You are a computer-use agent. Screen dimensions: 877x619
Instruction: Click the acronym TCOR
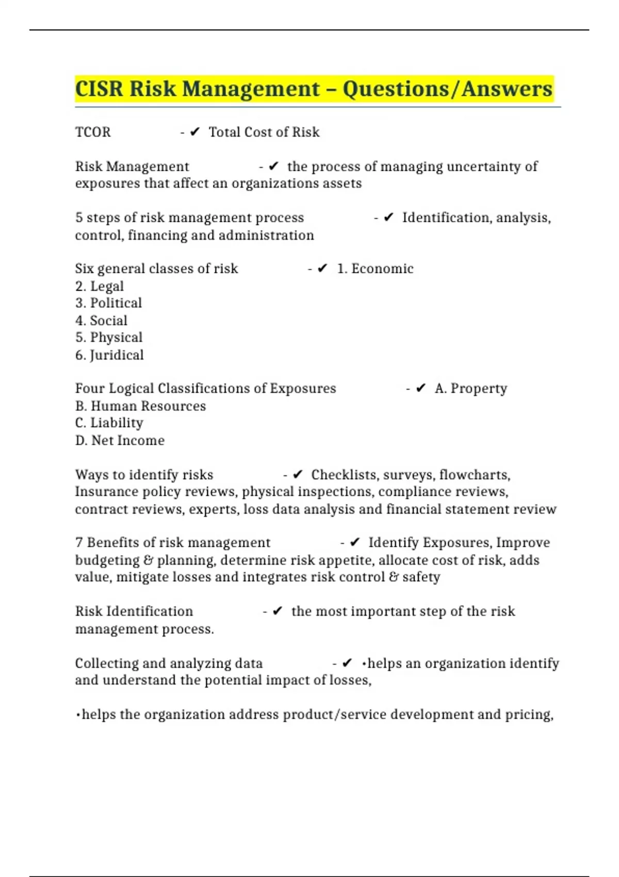click(x=93, y=133)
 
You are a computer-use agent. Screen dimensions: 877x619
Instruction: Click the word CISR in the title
click(x=100, y=89)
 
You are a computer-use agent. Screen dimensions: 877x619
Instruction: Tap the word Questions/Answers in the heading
click(x=448, y=89)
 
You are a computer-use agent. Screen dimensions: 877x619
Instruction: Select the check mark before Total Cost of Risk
click(x=194, y=133)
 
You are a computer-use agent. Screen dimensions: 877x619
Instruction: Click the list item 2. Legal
click(x=100, y=286)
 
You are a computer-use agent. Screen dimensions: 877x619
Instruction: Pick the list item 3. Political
click(x=108, y=303)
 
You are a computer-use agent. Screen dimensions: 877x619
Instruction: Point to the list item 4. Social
click(x=101, y=320)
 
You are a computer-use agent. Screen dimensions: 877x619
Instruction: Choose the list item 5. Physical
click(x=109, y=337)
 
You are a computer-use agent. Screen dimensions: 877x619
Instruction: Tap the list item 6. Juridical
click(x=109, y=355)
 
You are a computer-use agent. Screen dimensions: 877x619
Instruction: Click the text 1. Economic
click(x=375, y=269)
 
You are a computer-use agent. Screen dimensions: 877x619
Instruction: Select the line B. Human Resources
click(x=140, y=406)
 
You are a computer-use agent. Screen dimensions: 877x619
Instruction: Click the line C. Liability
click(x=109, y=423)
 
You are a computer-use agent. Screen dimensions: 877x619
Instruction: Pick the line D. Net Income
click(x=120, y=441)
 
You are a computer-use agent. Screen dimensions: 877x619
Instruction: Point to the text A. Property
click(x=470, y=388)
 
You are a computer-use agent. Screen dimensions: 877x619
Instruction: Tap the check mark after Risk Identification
click(x=278, y=611)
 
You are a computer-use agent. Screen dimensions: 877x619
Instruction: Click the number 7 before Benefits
click(x=79, y=543)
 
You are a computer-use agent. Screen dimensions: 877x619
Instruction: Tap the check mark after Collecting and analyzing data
click(x=347, y=663)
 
